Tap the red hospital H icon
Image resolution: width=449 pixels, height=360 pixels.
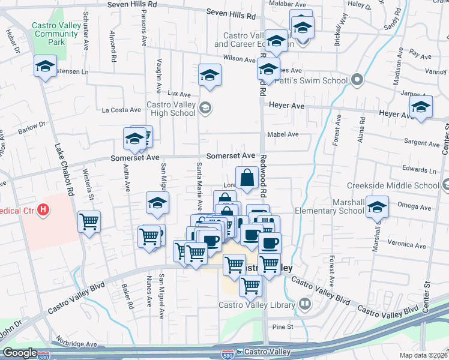pyautogui.click(x=43, y=211)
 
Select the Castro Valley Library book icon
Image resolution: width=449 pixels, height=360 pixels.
pyautogui.click(x=305, y=305)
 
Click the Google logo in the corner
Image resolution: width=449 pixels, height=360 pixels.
pyautogui.click(x=20, y=353)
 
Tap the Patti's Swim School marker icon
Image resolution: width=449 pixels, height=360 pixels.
pyautogui.click(x=358, y=80)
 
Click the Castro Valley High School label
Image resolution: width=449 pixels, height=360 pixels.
pyautogui.click(x=171, y=109)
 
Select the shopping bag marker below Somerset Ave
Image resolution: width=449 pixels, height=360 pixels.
pyautogui.click(x=247, y=178)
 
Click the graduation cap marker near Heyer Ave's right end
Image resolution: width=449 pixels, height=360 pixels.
pyautogui.click(x=421, y=108)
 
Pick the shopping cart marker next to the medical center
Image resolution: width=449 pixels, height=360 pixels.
pyautogui.click(x=89, y=222)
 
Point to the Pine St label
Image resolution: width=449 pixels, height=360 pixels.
pyautogui.click(x=282, y=327)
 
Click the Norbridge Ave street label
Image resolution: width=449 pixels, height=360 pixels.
pyautogui.click(x=77, y=344)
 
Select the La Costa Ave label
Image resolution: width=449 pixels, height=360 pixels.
pyautogui.click(x=121, y=110)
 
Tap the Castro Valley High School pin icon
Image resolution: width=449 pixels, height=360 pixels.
pyautogui.click(x=205, y=108)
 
